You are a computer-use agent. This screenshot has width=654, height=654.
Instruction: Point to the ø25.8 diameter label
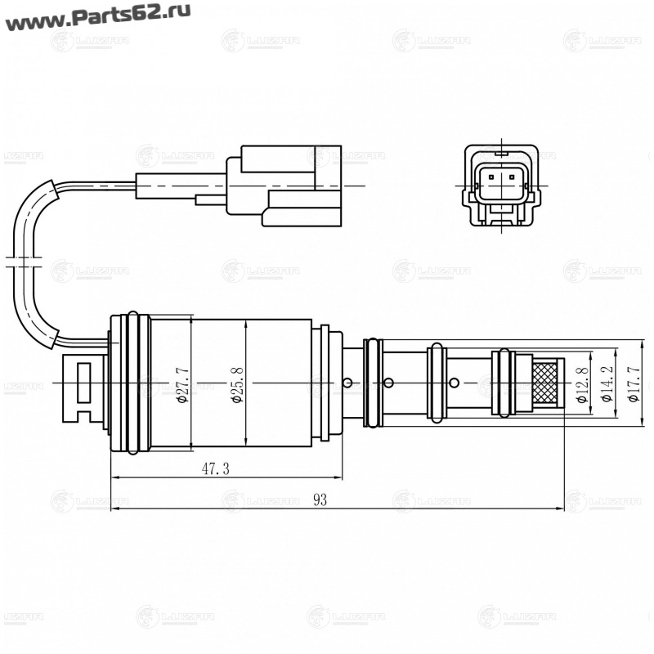[x=238, y=383]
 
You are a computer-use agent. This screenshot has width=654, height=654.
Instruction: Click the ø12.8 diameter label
[x=581, y=383]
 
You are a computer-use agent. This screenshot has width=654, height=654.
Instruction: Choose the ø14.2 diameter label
[x=607, y=383]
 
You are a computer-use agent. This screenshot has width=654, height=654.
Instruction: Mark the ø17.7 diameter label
[x=632, y=383]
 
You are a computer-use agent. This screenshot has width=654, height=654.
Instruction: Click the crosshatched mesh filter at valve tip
[x=546, y=382]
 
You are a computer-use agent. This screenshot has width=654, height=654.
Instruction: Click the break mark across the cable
[x=23, y=262]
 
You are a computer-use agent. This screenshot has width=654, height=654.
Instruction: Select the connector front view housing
[x=501, y=185]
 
